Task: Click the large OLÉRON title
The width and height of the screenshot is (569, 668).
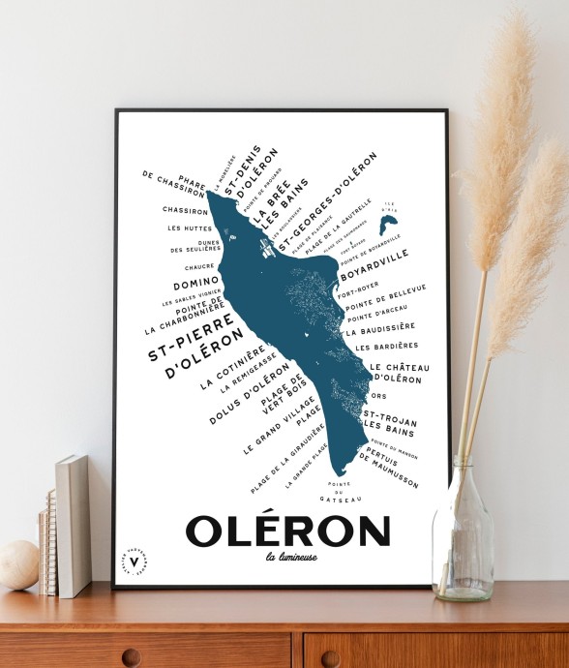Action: point(287,531)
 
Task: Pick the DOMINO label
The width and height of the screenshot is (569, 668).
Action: point(197,285)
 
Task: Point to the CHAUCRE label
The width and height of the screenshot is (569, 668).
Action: point(197,266)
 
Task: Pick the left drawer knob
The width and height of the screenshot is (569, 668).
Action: point(131,657)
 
